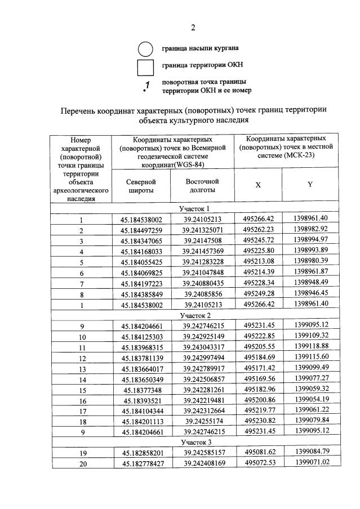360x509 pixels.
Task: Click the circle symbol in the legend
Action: click(x=145, y=49)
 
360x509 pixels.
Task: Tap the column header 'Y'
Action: click(x=310, y=185)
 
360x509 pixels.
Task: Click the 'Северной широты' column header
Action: click(x=141, y=186)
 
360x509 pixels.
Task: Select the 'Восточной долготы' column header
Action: click(x=202, y=186)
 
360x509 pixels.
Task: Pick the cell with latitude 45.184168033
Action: click(x=141, y=251)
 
